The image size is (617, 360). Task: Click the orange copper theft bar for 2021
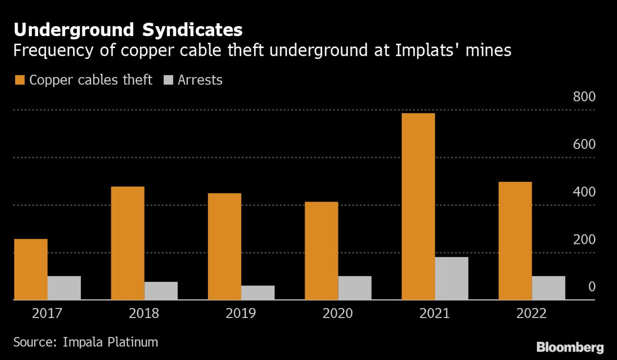tap(418, 206)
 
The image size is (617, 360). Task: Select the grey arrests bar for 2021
tap(452, 278)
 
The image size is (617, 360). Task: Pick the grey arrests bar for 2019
tap(258, 293)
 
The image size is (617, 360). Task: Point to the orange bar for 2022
tap(515, 241)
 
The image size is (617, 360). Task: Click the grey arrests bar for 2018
tap(161, 291)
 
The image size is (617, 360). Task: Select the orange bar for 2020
tap(321, 250)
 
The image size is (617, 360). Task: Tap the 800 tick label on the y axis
tap(584, 96)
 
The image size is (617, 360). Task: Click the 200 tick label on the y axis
tap(584, 239)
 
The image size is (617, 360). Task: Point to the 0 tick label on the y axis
tap(592, 287)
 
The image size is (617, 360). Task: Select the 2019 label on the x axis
tap(241, 313)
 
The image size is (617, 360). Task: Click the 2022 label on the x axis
tap(531, 313)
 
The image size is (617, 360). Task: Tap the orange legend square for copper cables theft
tap(20, 80)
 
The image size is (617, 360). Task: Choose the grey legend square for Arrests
tap(168, 80)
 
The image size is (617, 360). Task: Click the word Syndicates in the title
tap(192, 30)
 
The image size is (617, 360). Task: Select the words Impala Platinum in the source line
tap(110, 342)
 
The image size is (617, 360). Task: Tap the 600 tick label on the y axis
tap(584, 144)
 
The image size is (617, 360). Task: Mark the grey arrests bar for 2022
tap(548, 288)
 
